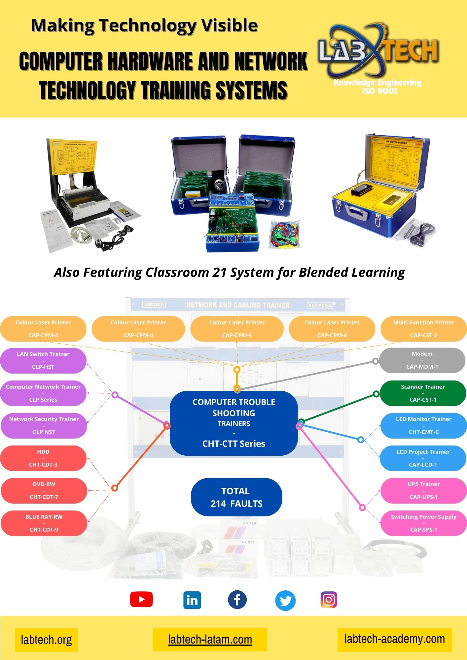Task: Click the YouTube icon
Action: coord(141,599)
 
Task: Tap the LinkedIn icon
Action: coord(192,600)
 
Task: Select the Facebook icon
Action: coord(237,599)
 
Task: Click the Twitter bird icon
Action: coord(285,600)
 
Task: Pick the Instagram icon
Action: coord(329,599)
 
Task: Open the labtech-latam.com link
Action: coord(210,639)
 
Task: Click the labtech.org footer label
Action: coord(46,640)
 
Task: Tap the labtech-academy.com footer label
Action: coord(394,639)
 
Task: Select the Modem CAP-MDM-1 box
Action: coord(422,360)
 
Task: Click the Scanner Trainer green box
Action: coord(423,393)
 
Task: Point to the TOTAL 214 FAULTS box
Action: coord(236,497)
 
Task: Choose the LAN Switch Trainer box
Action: coord(43,360)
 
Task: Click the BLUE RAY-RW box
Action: coord(44,523)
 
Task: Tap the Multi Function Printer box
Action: coord(423,329)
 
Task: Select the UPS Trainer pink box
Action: coord(423,490)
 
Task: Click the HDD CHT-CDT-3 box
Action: coord(43,458)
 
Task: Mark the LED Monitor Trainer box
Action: coord(423,425)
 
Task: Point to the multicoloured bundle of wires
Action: coord(285,234)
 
